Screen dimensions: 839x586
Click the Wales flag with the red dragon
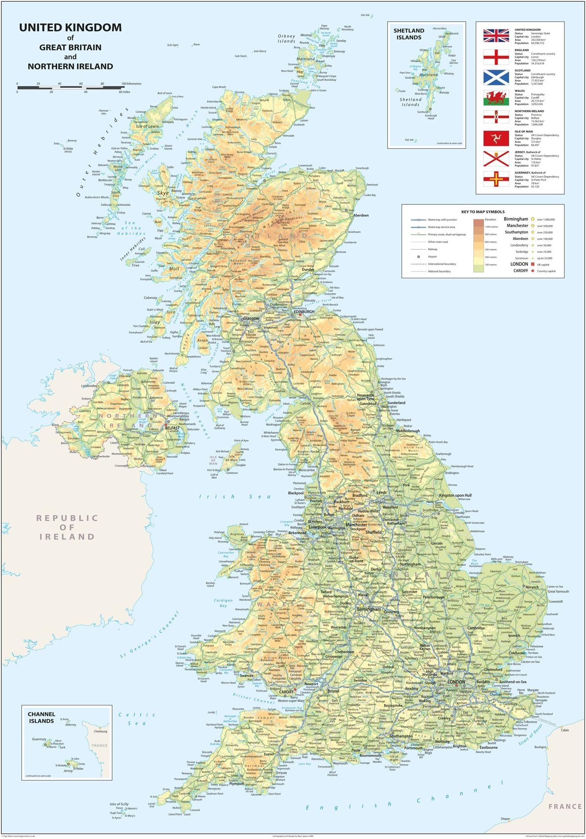496,98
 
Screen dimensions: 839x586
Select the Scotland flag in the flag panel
496,77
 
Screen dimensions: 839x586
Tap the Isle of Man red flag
496,138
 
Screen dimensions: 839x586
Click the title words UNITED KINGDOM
70,27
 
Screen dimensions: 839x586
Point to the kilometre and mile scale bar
70,87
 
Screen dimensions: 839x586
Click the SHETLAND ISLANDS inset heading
409,34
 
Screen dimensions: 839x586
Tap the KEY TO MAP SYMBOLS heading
483,212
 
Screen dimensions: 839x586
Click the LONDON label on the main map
456,682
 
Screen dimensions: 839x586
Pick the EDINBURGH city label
304,312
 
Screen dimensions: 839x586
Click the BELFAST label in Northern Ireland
172,428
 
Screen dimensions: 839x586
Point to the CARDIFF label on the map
286,691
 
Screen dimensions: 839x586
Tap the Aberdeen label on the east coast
361,215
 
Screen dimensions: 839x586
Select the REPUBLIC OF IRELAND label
67,527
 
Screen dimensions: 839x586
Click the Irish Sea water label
235,497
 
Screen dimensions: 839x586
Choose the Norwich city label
532,587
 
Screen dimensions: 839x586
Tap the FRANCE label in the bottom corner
564,806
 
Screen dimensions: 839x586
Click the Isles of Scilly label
119,804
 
